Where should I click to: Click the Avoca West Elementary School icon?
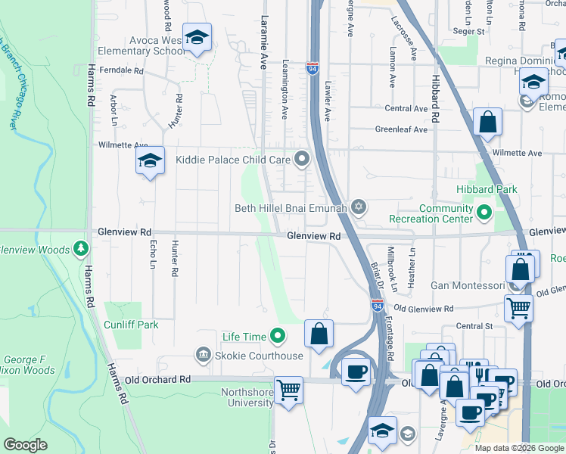(x=197, y=38)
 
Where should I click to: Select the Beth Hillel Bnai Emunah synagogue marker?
(x=359, y=207)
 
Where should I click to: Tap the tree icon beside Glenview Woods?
(x=81, y=249)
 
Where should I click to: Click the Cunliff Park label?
(x=132, y=325)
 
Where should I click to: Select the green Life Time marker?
(x=278, y=336)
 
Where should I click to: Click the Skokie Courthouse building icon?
(x=203, y=355)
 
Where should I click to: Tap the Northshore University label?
(x=247, y=397)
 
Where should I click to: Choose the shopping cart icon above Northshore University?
(x=288, y=390)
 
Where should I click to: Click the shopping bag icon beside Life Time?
(x=319, y=333)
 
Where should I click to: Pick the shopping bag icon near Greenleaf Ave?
(x=488, y=121)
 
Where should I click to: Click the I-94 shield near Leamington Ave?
(x=313, y=69)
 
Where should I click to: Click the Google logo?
(x=26, y=445)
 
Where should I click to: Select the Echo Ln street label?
(x=153, y=258)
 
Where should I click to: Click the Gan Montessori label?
(x=467, y=285)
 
